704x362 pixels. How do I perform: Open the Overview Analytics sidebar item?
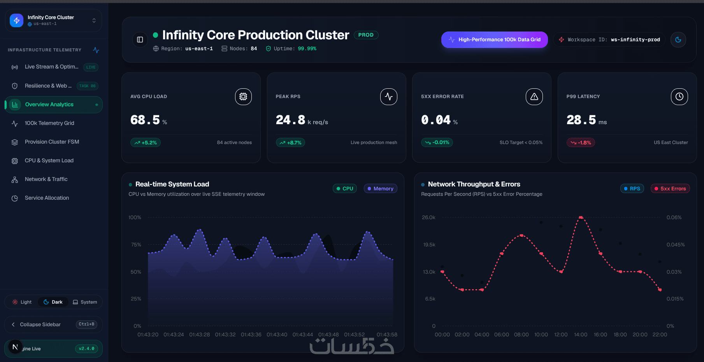click(x=54, y=105)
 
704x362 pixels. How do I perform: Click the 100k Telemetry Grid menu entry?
click(x=49, y=123)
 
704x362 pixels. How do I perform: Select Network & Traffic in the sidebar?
click(x=46, y=179)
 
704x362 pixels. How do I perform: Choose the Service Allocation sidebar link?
click(x=47, y=198)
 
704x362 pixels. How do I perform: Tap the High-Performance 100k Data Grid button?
click(x=494, y=40)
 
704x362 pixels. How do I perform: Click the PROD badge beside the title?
click(x=366, y=35)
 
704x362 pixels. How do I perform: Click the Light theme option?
click(x=22, y=302)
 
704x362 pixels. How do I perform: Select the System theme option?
click(x=85, y=302)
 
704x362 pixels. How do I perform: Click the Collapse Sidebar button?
click(x=54, y=325)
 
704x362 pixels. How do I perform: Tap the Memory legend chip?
click(x=380, y=189)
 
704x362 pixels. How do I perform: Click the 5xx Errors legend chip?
click(x=670, y=189)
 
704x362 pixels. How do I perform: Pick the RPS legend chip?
click(x=632, y=189)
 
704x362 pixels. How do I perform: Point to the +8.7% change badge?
click(x=290, y=143)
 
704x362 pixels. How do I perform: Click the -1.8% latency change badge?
click(x=581, y=143)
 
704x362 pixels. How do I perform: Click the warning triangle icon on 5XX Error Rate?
click(x=534, y=97)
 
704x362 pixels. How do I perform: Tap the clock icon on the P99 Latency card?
click(x=679, y=97)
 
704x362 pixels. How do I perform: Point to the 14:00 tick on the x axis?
click(x=581, y=335)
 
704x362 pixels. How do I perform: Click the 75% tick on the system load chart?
click(x=136, y=245)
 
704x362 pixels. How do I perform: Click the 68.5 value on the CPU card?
click(x=145, y=120)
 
